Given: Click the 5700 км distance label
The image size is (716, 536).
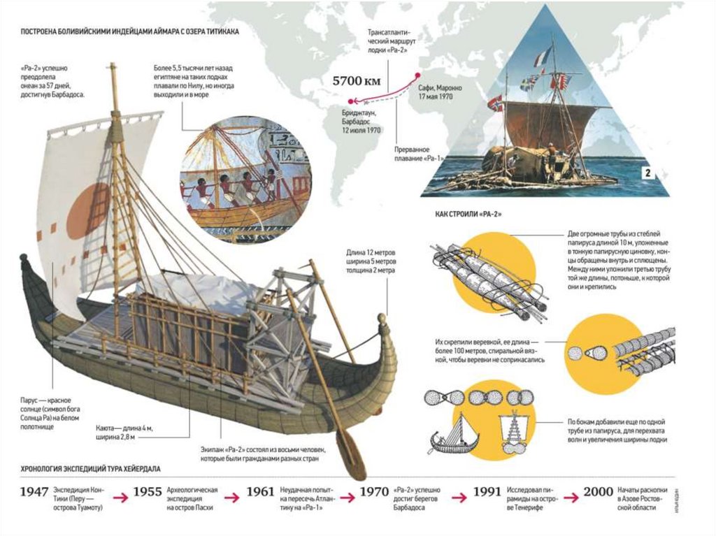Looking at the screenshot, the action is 357,80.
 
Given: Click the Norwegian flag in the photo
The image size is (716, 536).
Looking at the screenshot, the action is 495,104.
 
